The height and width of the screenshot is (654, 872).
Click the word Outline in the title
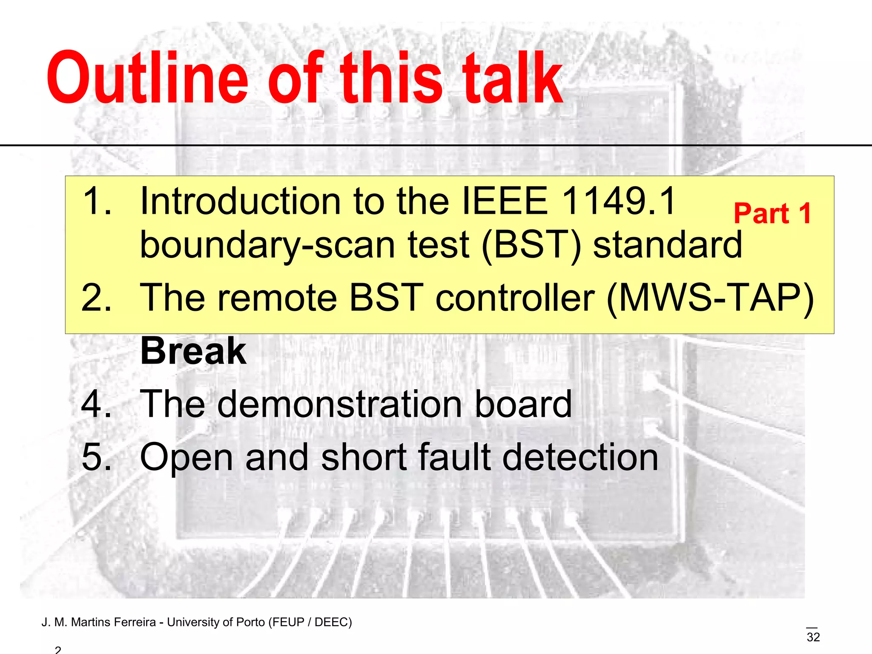(x=147, y=79)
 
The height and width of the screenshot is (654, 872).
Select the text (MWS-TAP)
(x=710, y=298)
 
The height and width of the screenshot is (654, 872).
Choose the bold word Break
(x=193, y=351)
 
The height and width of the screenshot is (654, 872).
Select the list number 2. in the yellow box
(x=96, y=298)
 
